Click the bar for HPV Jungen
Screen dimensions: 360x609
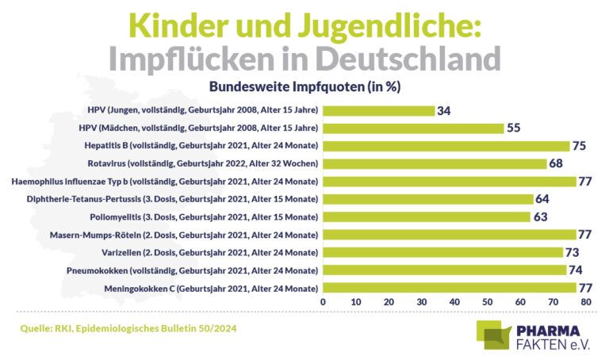[x=378, y=110]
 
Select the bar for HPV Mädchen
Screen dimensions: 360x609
[x=413, y=128]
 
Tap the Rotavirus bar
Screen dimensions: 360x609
[x=435, y=163]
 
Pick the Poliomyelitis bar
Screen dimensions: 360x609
[x=426, y=216]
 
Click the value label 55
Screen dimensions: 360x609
[x=514, y=128]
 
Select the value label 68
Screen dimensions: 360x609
[x=557, y=163]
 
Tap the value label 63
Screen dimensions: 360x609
[x=540, y=216]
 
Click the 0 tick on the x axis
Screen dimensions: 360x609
[x=323, y=302]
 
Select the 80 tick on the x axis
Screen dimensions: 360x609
[x=585, y=302]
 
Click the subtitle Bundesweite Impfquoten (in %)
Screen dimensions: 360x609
[x=304, y=86]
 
